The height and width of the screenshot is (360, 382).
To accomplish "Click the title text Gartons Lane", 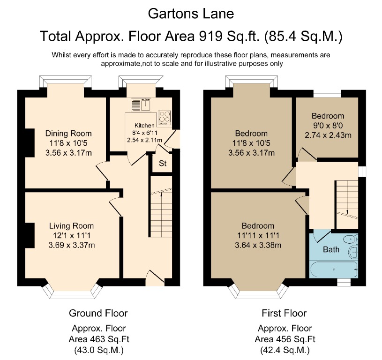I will point(191,14).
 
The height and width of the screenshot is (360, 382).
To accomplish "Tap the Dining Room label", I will point(68,134).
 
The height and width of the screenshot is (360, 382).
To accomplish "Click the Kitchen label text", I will point(144,126).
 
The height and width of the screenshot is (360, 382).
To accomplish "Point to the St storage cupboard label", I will point(163,164).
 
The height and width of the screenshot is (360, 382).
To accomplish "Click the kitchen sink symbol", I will point(142,105).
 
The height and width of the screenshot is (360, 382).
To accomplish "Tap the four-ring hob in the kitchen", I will point(165,117).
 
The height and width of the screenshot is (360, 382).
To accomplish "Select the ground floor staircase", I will point(161,216).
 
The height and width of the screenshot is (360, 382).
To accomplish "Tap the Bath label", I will point(331,249).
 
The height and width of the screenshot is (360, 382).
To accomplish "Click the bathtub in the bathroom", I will point(333,270).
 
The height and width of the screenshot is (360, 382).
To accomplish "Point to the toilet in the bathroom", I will point(351,240).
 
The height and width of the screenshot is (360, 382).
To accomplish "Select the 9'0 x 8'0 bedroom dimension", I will point(328,125).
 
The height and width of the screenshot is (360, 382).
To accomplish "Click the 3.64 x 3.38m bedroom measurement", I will point(258,244).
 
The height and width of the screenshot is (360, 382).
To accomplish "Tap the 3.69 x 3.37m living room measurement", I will point(68,244).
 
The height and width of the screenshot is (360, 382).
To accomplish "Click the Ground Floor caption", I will point(98,313).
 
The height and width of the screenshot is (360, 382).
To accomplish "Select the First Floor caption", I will point(284,313).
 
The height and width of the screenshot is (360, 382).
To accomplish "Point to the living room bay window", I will point(72,292).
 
